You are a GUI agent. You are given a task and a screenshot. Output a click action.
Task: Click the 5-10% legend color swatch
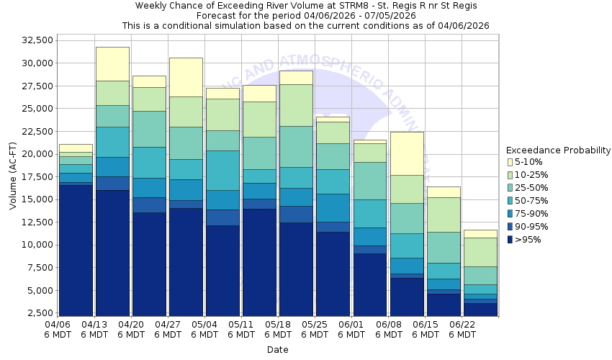click(x=510, y=163)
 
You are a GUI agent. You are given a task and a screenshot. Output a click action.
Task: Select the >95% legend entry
click(x=528, y=240)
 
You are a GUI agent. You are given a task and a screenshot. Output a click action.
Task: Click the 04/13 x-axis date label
click(x=94, y=325)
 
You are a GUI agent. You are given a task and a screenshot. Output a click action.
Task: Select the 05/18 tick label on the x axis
click(x=278, y=325)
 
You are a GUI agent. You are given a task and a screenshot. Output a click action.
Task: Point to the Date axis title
click(x=277, y=350)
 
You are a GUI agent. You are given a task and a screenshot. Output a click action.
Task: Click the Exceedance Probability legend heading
click(x=558, y=150)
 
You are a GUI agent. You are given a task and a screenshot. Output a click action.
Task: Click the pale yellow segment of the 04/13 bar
click(x=112, y=63)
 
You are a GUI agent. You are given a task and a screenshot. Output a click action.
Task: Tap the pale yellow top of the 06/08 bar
click(x=407, y=153)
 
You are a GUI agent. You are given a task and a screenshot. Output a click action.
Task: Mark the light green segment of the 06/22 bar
click(x=480, y=252)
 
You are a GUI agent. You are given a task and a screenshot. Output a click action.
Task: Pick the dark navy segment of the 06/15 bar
click(x=444, y=305)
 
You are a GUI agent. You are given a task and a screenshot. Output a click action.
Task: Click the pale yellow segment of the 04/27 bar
click(x=186, y=77)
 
